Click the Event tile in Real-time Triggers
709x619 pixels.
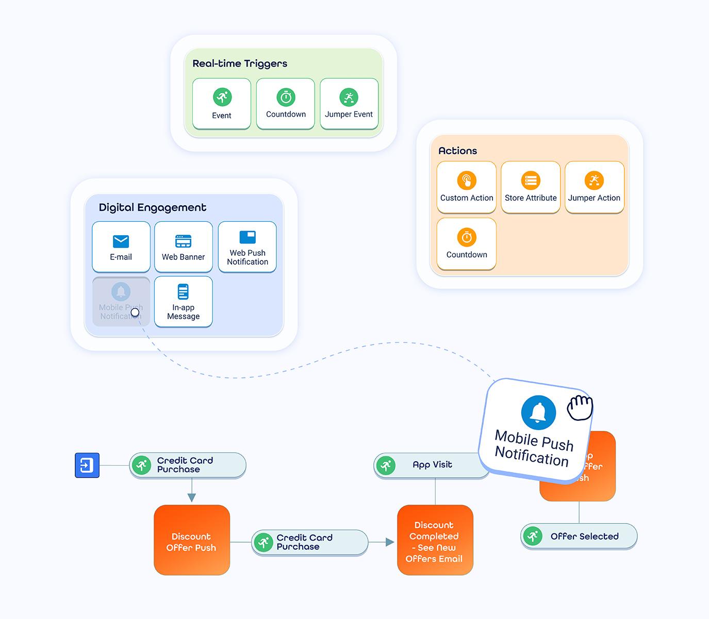coord(222,104)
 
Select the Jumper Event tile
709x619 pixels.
coord(349,104)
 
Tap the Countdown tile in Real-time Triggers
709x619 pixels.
coord(286,104)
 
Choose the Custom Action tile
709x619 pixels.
coord(467,187)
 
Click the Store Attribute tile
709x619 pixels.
coord(531,187)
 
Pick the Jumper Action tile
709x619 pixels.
coord(595,187)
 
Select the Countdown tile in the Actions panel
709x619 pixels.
coord(467,243)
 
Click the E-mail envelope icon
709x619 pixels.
coord(121,241)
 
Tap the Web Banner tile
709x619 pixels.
coord(184,247)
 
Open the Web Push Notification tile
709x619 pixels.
coord(248,247)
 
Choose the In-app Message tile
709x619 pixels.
coord(184,301)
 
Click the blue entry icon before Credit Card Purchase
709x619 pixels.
coord(87,465)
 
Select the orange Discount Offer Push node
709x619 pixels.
coord(192,540)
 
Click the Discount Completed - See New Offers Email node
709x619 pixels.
coord(435,540)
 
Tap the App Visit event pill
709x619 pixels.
coord(432,465)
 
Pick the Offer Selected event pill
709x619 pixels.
coord(579,536)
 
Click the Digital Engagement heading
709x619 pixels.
coord(153,207)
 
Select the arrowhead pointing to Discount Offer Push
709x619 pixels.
coord(192,497)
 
